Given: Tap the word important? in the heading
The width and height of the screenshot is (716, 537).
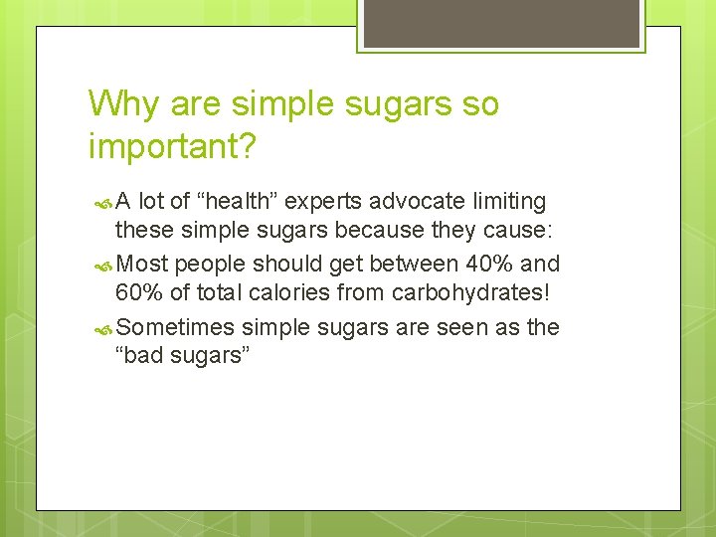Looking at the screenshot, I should pyautogui.click(x=172, y=146).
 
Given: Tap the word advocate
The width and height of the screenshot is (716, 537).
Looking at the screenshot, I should pyautogui.click(x=416, y=202).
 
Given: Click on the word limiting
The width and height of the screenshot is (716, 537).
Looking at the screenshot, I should pyautogui.click(x=507, y=202).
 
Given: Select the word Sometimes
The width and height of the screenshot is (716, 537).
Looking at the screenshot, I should pyautogui.click(x=175, y=328).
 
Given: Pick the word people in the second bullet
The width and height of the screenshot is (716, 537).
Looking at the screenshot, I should pyautogui.click(x=210, y=265).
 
